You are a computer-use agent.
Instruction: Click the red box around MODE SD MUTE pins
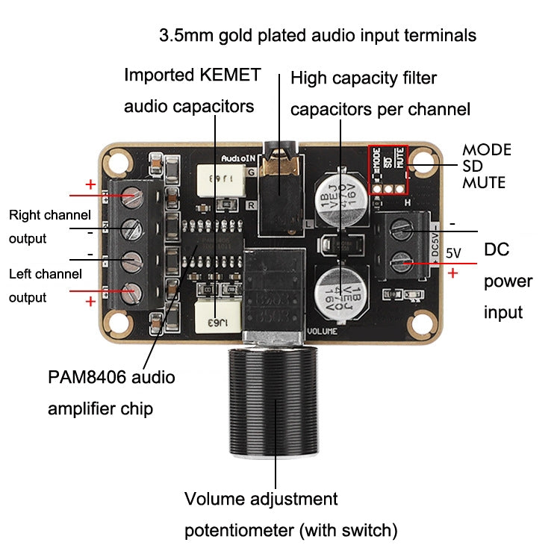click(388, 169)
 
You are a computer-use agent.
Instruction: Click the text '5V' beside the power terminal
click(454, 253)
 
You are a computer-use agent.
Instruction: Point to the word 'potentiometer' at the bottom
click(239, 531)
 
